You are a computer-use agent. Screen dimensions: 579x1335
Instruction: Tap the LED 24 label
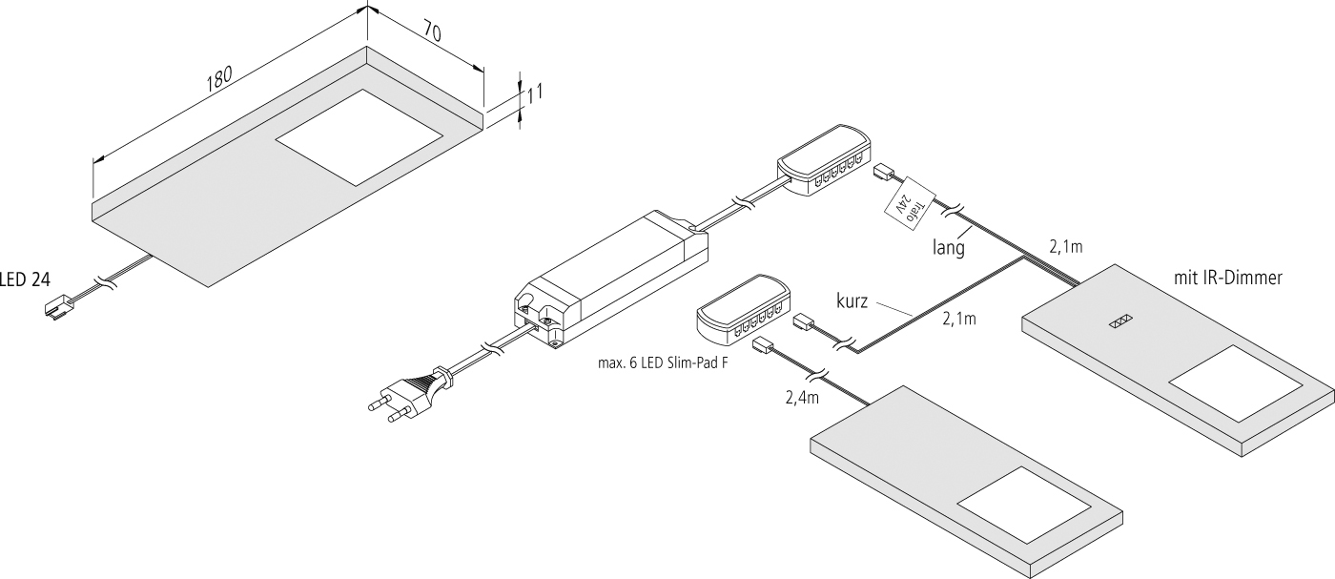pos(25,279)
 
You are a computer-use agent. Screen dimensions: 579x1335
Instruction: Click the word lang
pos(950,250)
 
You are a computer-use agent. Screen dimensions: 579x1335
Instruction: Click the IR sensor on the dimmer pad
pos(1119,322)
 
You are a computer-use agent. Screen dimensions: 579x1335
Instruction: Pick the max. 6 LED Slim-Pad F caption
pos(652,362)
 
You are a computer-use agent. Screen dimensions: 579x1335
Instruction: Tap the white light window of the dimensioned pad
pos(359,135)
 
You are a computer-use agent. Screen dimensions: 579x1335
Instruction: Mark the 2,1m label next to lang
pos(1065,247)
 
